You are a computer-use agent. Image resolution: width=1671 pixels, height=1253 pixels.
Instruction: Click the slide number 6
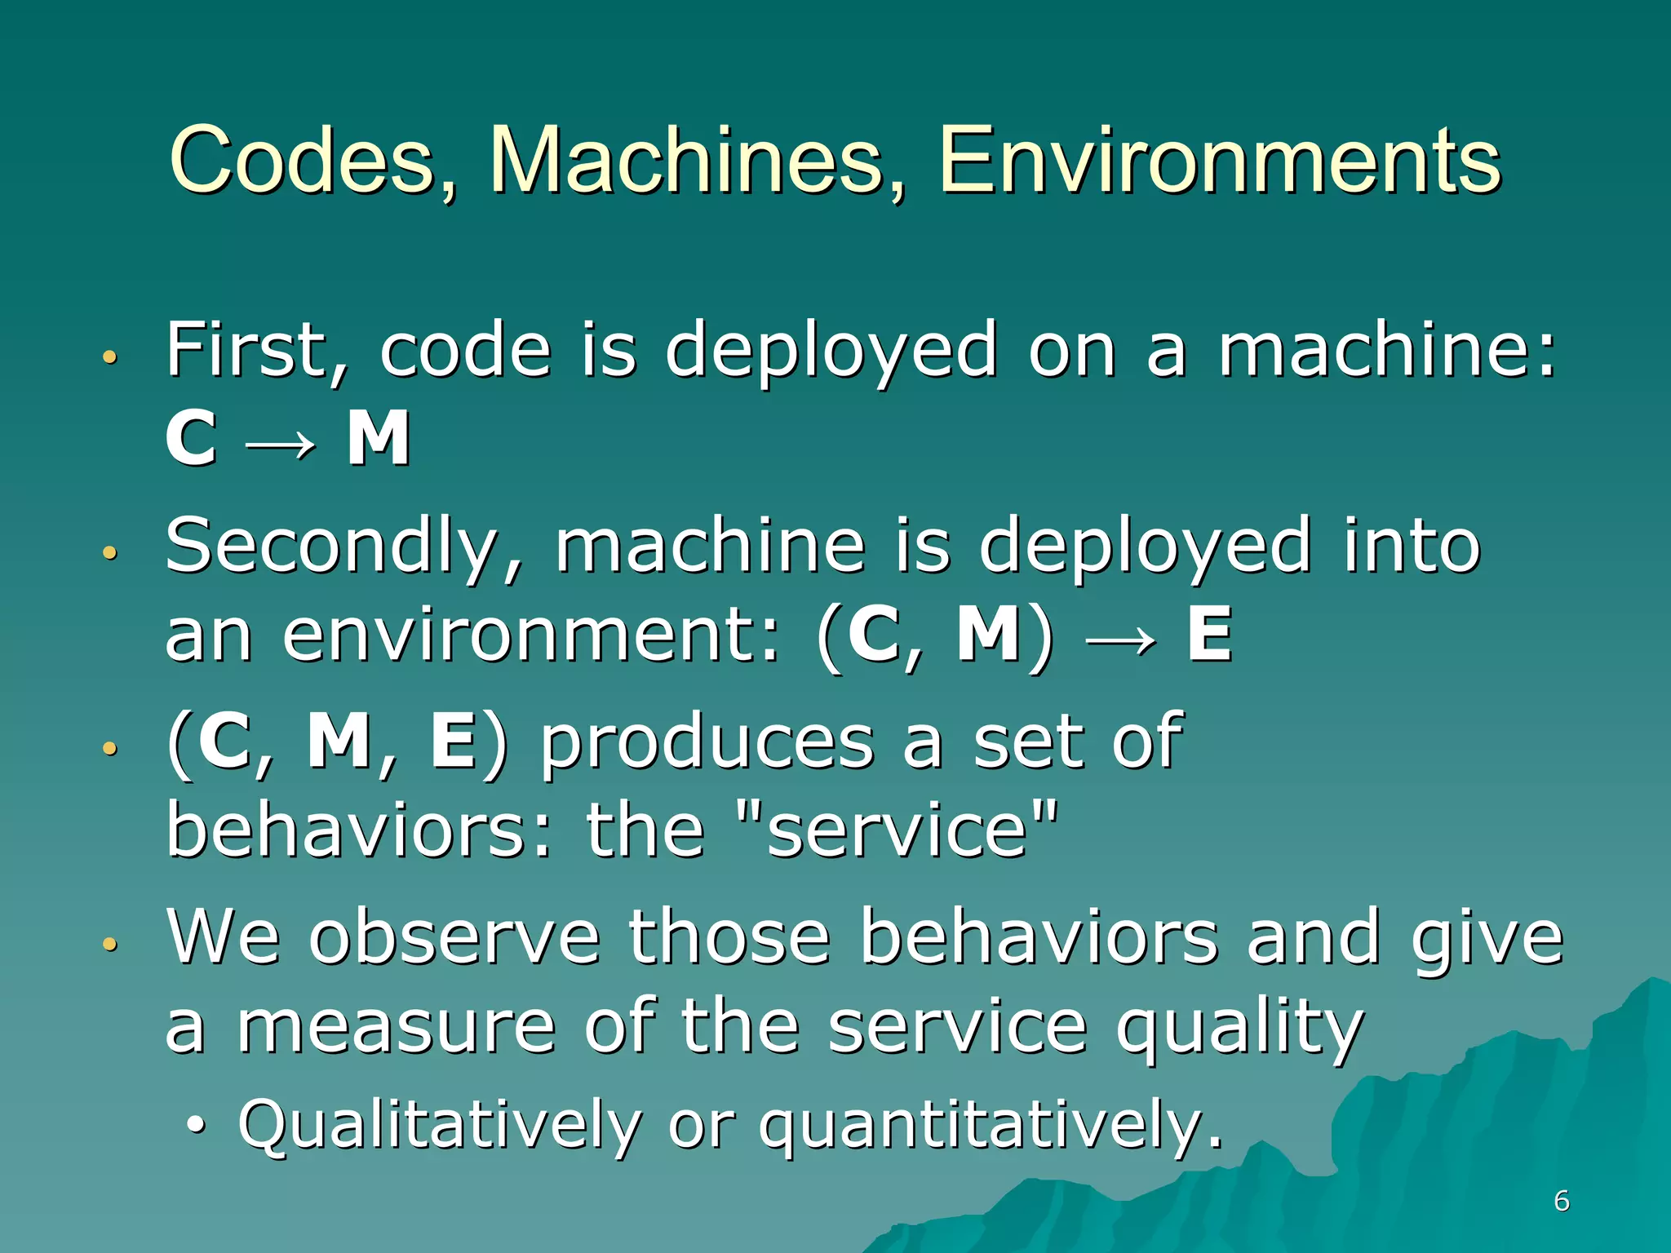pos(1561,1201)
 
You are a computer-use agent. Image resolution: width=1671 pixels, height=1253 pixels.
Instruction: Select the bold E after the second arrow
pos(1208,635)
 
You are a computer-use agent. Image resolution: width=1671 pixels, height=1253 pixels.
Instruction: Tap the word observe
pos(454,938)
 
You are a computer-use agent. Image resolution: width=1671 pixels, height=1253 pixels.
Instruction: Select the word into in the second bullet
pos(1411,547)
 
